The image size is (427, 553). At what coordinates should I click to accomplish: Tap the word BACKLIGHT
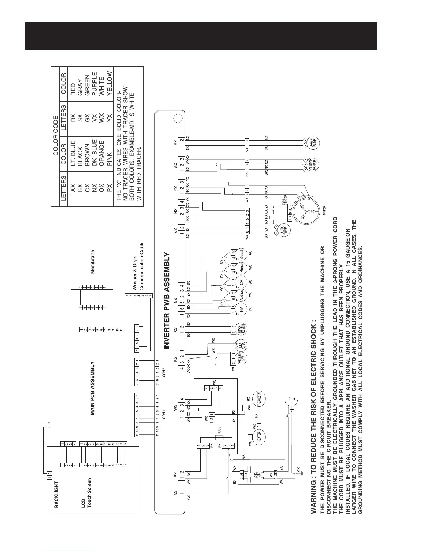coord(56,494)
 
